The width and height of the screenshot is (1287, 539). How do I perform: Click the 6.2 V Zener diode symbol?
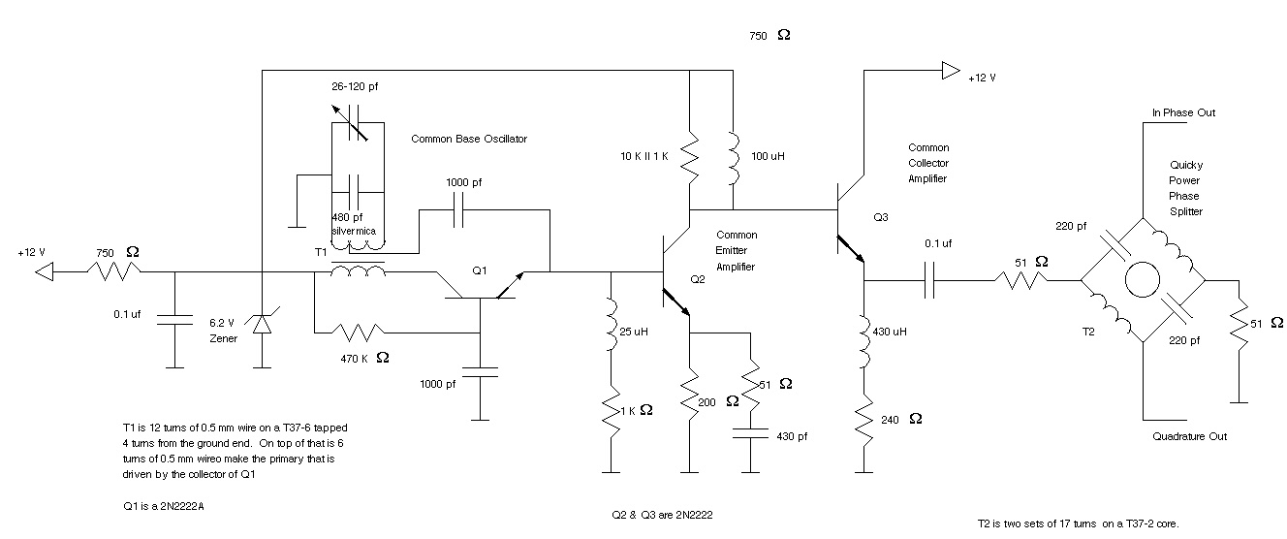click(x=262, y=323)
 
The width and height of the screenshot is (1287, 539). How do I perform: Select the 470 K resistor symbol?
click(x=358, y=333)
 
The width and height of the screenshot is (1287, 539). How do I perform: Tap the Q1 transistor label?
click(x=479, y=270)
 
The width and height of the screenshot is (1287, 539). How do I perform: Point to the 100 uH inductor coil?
click(x=733, y=159)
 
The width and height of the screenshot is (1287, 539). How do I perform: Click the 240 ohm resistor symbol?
click(x=863, y=420)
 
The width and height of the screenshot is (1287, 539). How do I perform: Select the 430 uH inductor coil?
click(x=863, y=341)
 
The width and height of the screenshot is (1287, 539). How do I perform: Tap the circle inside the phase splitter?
click(x=1143, y=280)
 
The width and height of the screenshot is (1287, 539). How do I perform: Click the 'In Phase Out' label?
click(x=1183, y=112)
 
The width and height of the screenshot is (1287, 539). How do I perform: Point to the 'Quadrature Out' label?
click(x=1189, y=436)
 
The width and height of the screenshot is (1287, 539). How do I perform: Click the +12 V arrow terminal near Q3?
click(x=951, y=71)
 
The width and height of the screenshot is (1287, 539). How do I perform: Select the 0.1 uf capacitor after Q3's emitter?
click(x=929, y=280)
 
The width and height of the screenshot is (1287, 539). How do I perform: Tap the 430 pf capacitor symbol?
click(x=750, y=433)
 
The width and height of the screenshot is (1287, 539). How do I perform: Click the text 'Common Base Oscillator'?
click(x=469, y=139)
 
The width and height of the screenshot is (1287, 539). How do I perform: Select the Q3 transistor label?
click(x=881, y=217)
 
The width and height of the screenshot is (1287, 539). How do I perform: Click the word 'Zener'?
click(x=224, y=338)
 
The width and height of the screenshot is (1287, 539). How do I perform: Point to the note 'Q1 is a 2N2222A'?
click(x=164, y=506)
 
